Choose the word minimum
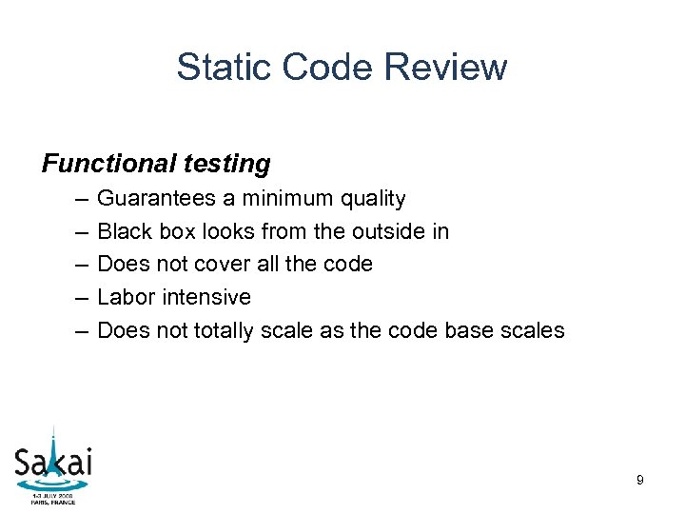pyautogui.click(x=283, y=199)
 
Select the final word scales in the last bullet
pyautogui.click(x=536, y=330)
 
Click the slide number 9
pyautogui.click(x=639, y=481)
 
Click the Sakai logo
pyautogui.click(x=53, y=461)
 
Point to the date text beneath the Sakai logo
pyautogui.click(x=52, y=499)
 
